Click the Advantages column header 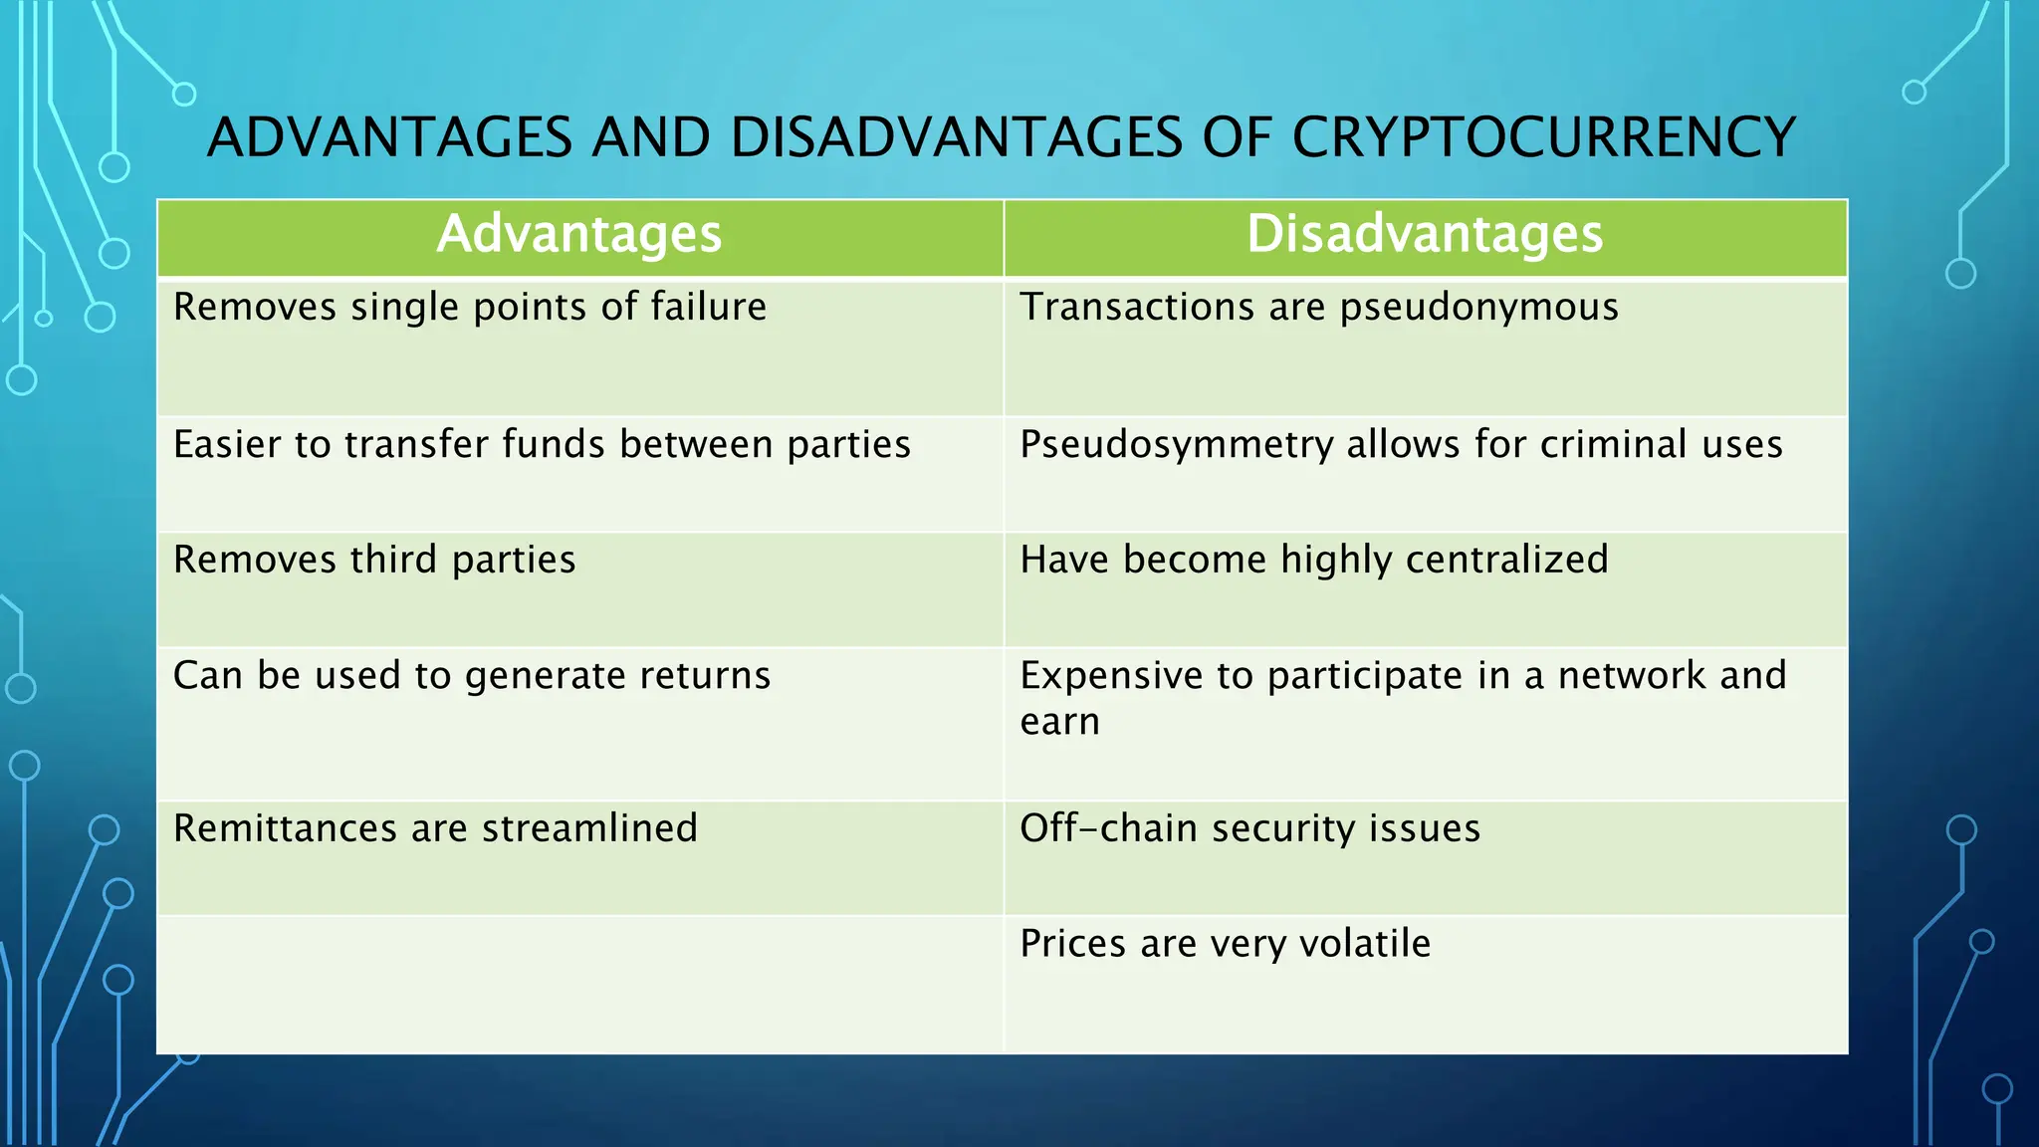click(579, 235)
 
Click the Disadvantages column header click(1425, 235)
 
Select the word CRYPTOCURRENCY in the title click(1543, 137)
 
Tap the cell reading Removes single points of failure click(470, 308)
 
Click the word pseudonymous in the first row click(1478, 308)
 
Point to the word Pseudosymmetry click(1176, 445)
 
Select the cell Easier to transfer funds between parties click(542, 445)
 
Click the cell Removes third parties click(374, 561)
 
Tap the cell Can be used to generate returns click(472, 676)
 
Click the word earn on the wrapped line click(1059, 722)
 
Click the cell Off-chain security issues click(1249, 828)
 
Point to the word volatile click(1365, 944)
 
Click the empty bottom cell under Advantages click(579, 984)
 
